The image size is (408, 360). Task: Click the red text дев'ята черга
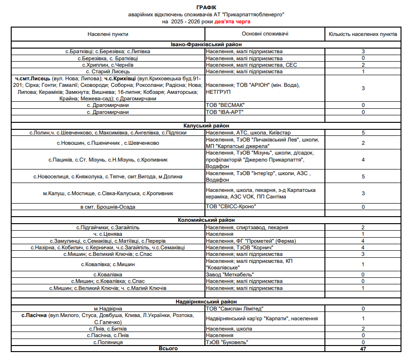tap(232, 21)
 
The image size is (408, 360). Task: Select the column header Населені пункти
tap(108, 34)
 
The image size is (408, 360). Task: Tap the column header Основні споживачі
tap(265, 34)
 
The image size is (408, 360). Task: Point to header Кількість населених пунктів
tap(363, 34)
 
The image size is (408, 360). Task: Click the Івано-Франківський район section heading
tap(206, 45)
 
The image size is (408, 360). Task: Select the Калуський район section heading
tap(206, 126)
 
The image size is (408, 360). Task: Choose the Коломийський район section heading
tap(206, 220)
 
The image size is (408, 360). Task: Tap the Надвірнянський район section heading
tap(206, 302)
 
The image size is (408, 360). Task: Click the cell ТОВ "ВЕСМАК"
tap(225, 105)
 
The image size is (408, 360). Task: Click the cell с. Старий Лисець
tap(108, 71)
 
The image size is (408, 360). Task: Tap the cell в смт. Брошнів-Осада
tap(108, 206)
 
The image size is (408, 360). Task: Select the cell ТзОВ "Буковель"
tap(226, 342)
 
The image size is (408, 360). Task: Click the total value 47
tap(363, 349)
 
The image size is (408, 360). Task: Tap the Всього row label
tap(168, 348)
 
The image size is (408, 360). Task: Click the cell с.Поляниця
tap(108, 342)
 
